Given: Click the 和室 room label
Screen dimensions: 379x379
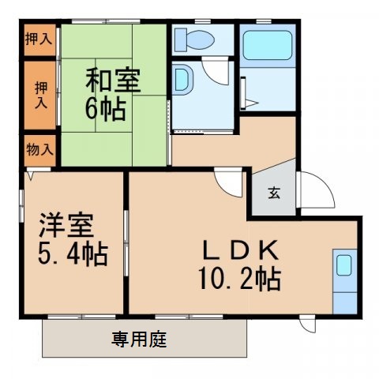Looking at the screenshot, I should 113,81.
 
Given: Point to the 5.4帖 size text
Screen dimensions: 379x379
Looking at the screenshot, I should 70,255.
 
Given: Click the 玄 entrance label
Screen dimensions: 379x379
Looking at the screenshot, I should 272,193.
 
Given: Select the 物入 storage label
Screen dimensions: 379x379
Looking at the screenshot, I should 39,148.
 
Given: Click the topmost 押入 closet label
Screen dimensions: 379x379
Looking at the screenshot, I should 38,38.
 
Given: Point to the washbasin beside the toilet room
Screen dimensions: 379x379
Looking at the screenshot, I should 184,79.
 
